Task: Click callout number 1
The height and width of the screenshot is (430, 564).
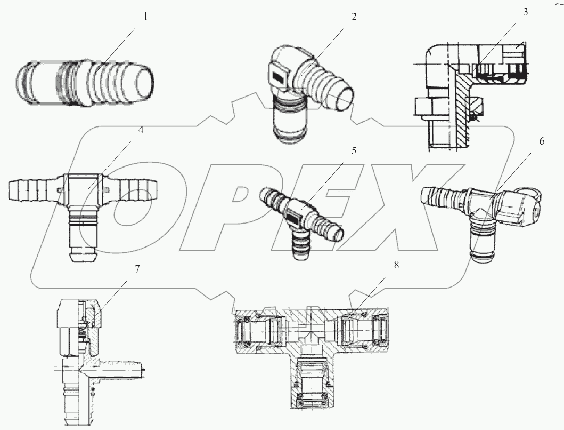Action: point(145,17)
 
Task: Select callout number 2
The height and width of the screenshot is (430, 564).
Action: point(353,17)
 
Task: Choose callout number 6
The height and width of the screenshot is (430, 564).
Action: point(542,141)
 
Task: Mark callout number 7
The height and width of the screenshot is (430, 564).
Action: point(137,269)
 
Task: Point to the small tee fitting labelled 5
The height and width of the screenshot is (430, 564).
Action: point(301,219)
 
